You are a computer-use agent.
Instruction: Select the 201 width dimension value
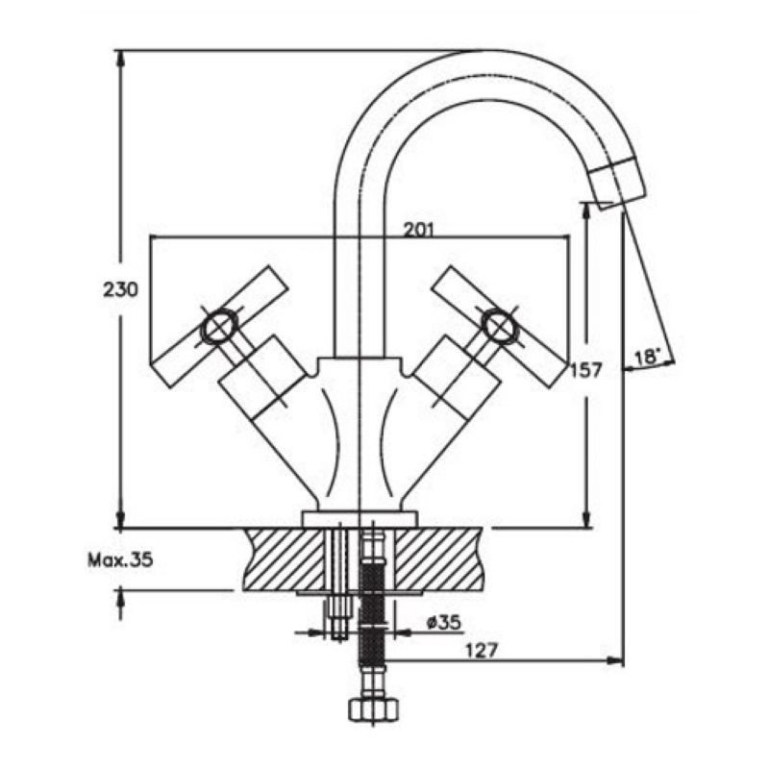click(x=419, y=229)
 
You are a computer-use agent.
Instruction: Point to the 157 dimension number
click(x=585, y=370)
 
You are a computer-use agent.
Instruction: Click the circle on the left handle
click(x=218, y=327)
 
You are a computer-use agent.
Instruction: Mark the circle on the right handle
click(x=499, y=327)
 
